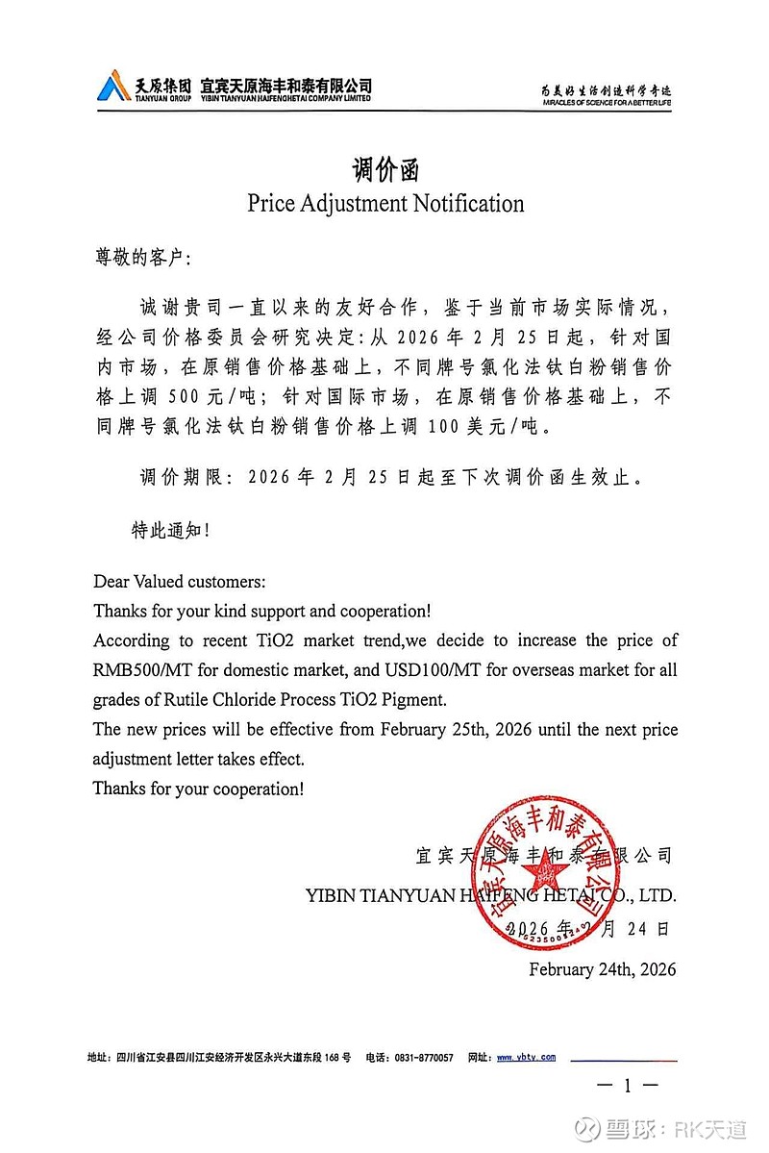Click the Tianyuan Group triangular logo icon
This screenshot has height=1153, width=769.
point(113,87)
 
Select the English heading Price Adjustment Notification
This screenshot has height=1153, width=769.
point(385,204)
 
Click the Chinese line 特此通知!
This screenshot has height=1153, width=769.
point(170,529)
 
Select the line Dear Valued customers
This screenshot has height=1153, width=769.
point(180,583)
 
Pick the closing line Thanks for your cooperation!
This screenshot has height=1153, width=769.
point(198,789)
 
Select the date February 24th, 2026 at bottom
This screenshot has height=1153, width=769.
point(602,969)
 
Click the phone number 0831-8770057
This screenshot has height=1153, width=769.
point(423,1057)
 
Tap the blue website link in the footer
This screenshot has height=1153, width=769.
point(526,1057)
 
